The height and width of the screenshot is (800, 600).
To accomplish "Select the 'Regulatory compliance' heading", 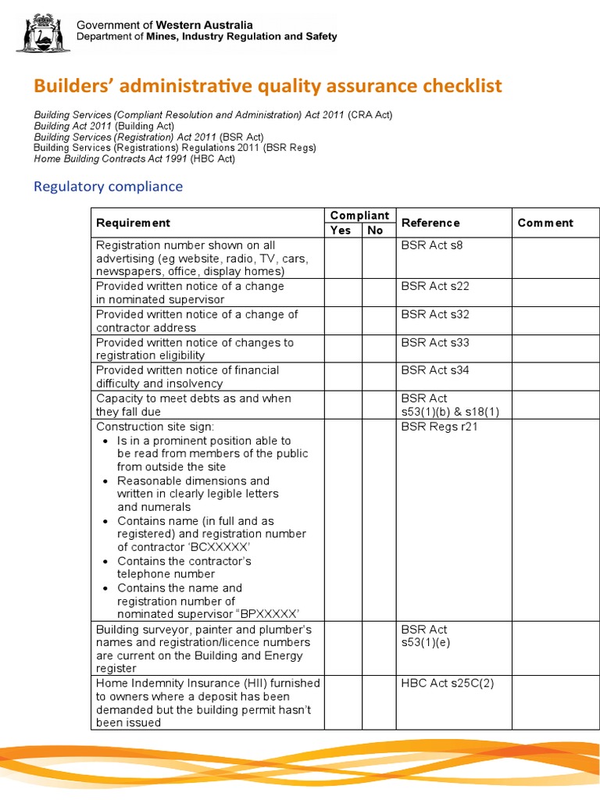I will pyautogui.click(x=108, y=187).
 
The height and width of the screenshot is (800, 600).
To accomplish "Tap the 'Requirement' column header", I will pyautogui.click(x=133, y=223).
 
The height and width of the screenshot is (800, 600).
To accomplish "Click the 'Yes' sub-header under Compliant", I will pyautogui.click(x=341, y=230).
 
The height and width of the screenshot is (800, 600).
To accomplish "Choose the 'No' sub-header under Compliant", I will pyautogui.click(x=376, y=230).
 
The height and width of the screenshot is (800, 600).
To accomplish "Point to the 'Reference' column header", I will pyautogui.click(x=430, y=223).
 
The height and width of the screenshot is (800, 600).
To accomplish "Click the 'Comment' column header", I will pyautogui.click(x=545, y=223).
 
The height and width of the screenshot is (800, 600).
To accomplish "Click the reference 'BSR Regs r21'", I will pyautogui.click(x=440, y=427).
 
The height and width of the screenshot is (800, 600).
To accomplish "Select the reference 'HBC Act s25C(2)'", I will pyautogui.click(x=448, y=684).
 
